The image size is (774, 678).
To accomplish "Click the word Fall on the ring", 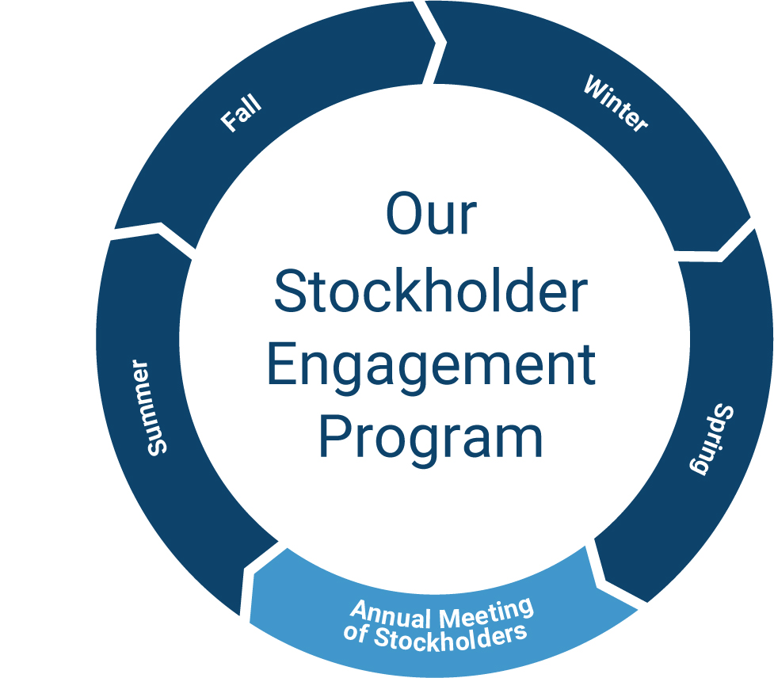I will (x=240, y=116).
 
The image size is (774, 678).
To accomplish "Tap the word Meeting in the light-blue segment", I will (x=486, y=611).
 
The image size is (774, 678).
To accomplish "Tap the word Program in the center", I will (x=431, y=438).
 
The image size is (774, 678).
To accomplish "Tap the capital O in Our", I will (x=405, y=214).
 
